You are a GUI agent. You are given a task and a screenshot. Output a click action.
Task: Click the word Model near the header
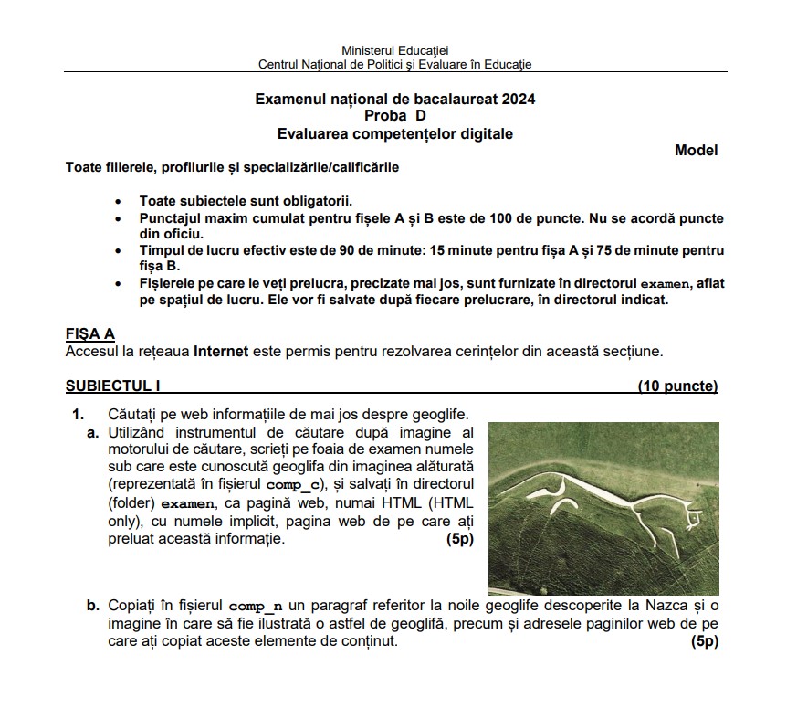click(x=696, y=151)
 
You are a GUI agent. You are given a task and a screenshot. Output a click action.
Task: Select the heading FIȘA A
click(x=90, y=334)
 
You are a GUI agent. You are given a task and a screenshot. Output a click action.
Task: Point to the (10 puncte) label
click(x=677, y=386)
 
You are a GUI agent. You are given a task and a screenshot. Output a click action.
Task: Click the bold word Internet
click(x=221, y=351)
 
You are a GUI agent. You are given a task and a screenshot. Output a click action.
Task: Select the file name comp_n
click(x=256, y=606)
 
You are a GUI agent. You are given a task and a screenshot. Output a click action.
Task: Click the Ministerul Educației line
click(x=394, y=49)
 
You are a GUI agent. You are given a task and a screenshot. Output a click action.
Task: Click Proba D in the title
click(x=394, y=116)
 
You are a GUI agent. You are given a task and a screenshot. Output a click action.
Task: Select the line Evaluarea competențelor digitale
click(x=394, y=134)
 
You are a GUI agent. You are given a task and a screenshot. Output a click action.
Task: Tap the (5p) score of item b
click(x=705, y=641)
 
